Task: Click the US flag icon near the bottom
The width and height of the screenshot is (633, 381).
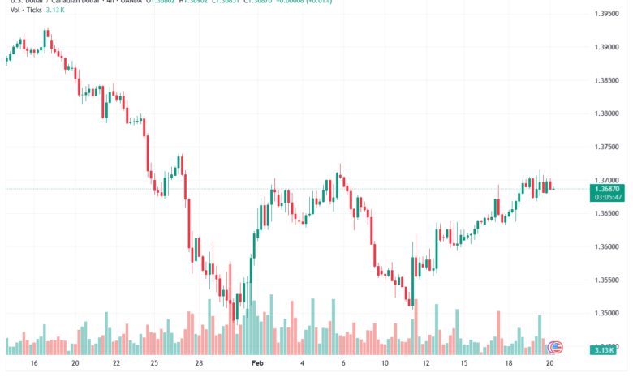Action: click(x=556, y=347)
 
